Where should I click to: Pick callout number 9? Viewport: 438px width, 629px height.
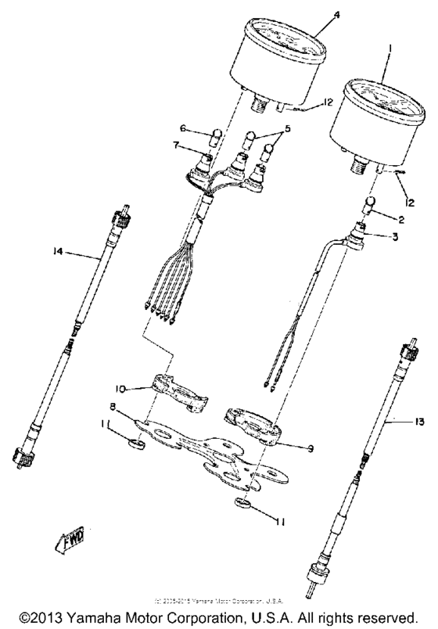click(311, 448)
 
